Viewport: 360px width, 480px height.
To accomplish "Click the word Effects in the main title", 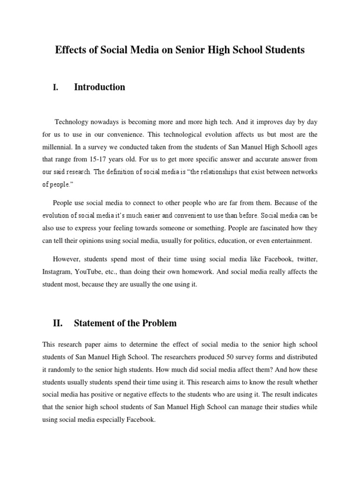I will pyautogui.click(x=70, y=50).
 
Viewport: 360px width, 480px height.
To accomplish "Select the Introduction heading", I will pyautogui.click(x=99, y=87).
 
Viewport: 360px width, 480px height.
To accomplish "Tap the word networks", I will pyautogui.click(x=302, y=172).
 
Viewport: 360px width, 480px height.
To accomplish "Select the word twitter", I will pyautogui.click(x=306, y=259).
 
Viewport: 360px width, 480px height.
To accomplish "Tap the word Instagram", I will pyautogui.click(x=57, y=272).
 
